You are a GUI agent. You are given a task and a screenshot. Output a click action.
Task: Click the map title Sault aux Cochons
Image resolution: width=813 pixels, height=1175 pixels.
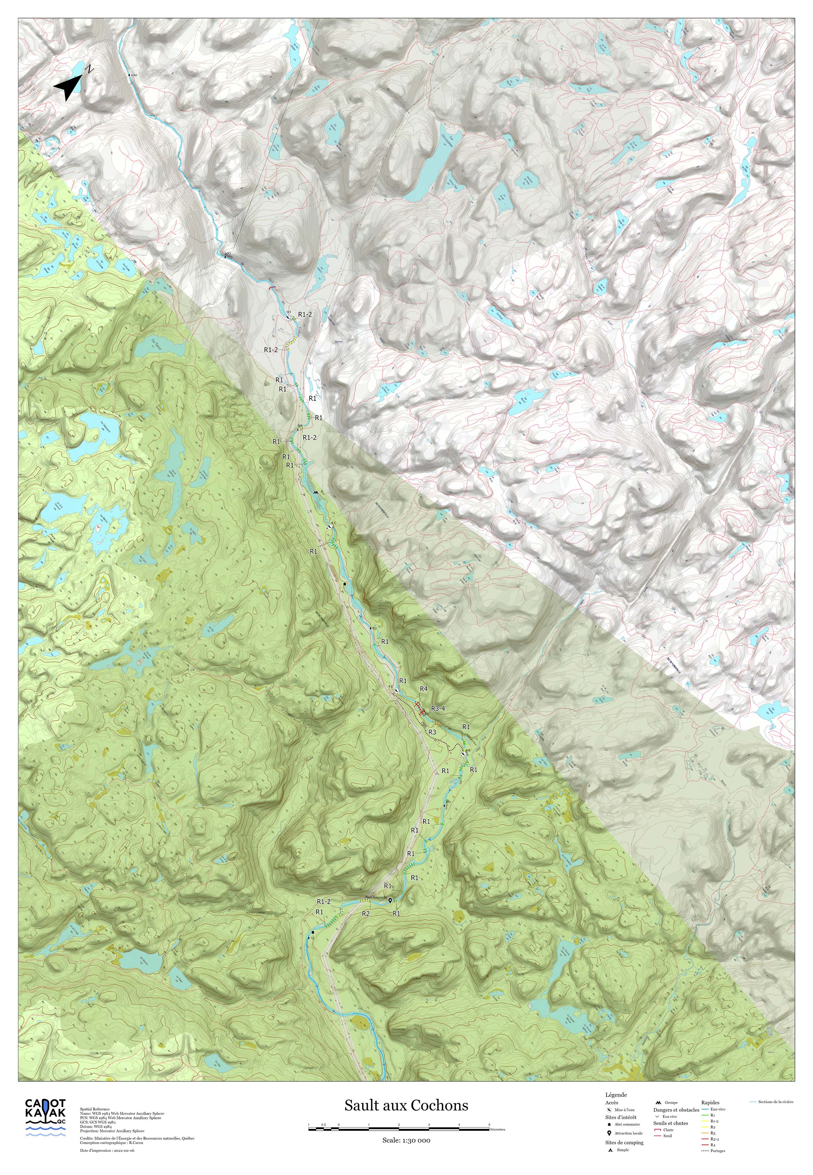[406, 1105]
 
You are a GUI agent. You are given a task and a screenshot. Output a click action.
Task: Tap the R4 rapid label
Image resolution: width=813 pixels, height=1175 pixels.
[423, 689]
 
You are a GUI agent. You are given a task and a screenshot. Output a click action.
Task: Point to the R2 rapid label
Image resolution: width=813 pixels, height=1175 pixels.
[365, 913]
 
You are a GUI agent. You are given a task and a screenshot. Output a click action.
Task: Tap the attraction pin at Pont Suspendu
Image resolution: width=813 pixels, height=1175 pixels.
[390, 901]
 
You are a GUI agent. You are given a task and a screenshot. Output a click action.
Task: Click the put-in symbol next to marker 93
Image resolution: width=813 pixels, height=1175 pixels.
[288, 317]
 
